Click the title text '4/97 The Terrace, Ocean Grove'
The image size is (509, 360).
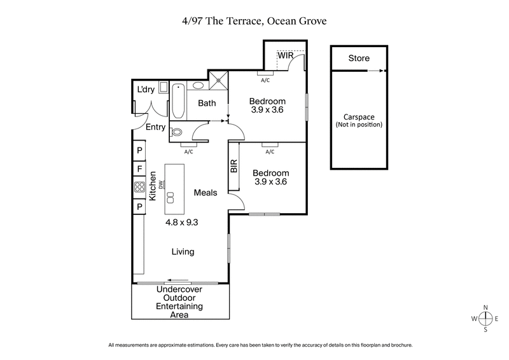[254, 20]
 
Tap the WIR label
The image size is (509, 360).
[285, 56]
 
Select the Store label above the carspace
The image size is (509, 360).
[358, 59]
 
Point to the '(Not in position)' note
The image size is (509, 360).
[359, 125]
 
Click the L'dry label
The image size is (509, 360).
[146, 90]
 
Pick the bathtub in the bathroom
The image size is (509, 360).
[178, 102]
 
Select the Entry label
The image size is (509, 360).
[155, 127]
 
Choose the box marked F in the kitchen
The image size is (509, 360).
[139, 169]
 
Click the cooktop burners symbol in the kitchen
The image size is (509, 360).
[139, 187]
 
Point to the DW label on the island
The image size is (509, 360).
[163, 185]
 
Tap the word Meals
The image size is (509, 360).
[206, 193]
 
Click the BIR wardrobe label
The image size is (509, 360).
[234, 167]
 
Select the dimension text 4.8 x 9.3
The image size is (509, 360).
[182, 223]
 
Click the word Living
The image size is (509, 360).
[183, 252]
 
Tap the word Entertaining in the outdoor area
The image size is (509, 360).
[179, 306]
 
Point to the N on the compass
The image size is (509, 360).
[486, 307]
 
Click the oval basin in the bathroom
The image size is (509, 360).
[199, 85]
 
